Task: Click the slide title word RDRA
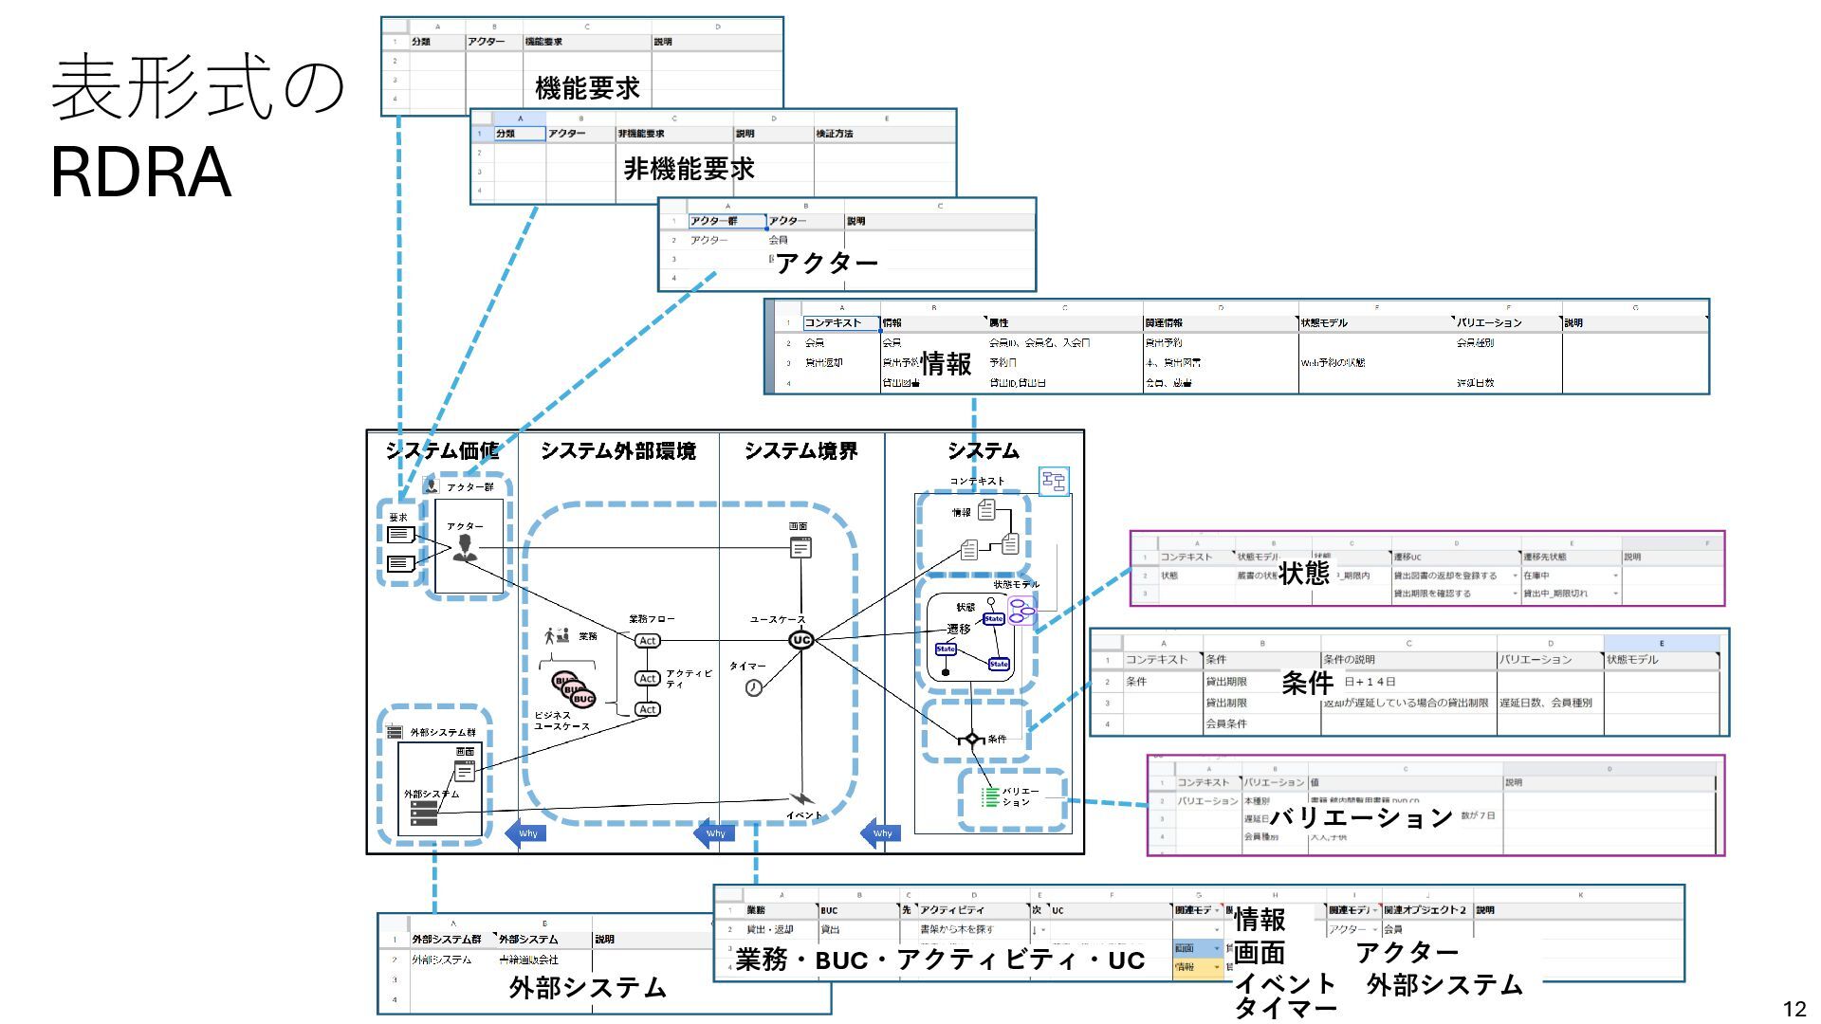[x=140, y=173]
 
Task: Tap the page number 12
[x=1793, y=1009]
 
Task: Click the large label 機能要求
[x=587, y=89]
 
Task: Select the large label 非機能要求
[x=689, y=169]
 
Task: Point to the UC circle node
[x=801, y=640]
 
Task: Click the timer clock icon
[x=753, y=687]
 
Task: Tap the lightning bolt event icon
[x=800, y=799]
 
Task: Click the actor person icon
[x=465, y=548]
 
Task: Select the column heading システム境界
[x=800, y=451]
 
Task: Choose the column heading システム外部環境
[x=617, y=451]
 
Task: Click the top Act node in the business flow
[x=648, y=641]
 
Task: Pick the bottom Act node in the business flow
[x=648, y=709]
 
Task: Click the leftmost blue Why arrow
[x=525, y=833]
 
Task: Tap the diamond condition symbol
[x=971, y=739]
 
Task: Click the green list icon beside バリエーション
[x=989, y=796]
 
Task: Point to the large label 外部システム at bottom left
[x=588, y=988]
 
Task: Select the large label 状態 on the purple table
[x=1304, y=573]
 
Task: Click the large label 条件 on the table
[x=1307, y=683]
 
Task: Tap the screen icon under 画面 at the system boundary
[x=800, y=547]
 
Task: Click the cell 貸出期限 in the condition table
[x=1226, y=682]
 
